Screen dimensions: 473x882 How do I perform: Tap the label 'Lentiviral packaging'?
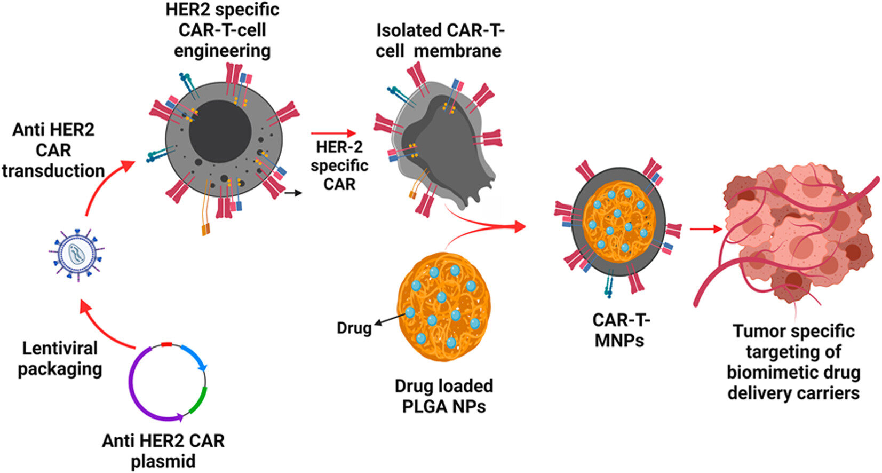point(60,358)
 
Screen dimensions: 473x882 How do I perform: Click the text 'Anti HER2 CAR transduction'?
point(53,150)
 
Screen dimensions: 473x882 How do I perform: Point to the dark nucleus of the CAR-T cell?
point(219,129)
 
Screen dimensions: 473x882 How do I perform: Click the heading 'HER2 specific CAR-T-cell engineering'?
point(222,30)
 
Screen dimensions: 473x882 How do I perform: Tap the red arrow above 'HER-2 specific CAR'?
point(333,133)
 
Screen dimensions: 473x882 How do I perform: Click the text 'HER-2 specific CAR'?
point(339,165)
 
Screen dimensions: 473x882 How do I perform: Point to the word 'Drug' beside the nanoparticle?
point(354,327)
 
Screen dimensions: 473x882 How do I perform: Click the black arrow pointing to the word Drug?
point(390,319)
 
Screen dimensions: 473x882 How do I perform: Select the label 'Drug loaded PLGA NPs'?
point(444,396)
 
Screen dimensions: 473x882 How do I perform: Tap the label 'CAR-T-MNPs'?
point(620,329)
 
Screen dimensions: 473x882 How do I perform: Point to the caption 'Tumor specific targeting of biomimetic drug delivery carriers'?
point(793,362)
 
